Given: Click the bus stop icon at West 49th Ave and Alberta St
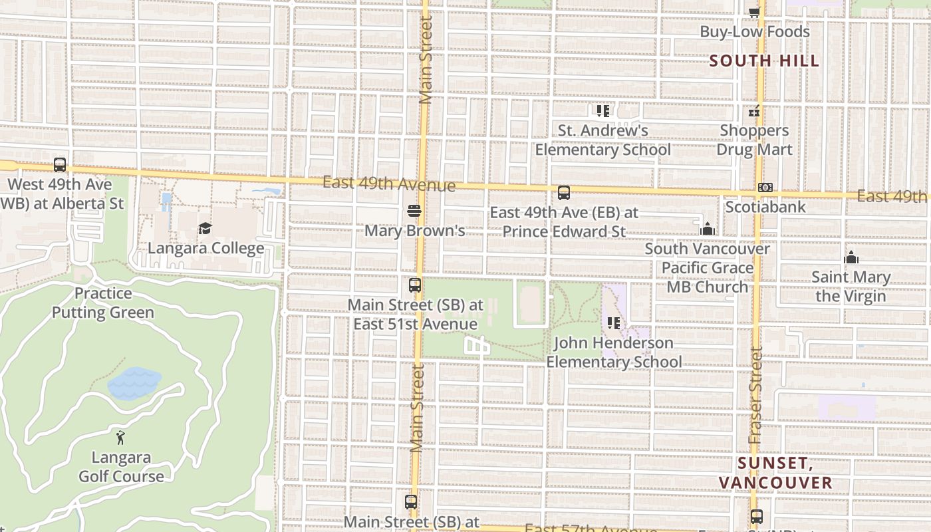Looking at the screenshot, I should [x=60, y=165].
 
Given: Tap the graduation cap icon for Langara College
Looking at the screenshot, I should [x=205, y=229].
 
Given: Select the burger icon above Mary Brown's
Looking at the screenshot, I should [x=414, y=211].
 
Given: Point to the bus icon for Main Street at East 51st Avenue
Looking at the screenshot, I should [x=415, y=285].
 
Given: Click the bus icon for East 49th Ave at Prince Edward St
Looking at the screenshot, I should [x=564, y=193].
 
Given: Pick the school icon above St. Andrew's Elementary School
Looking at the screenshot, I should [x=603, y=110].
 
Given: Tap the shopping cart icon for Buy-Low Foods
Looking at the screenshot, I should [x=754, y=12].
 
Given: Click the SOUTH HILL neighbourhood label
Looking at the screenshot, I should [x=764, y=61].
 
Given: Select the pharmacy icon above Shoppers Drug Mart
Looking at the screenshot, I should [x=754, y=111].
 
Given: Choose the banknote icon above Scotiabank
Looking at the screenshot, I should [x=765, y=188].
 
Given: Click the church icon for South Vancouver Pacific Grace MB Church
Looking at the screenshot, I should [x=707, y=229].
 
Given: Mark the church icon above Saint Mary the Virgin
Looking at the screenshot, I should [x=851, y=257].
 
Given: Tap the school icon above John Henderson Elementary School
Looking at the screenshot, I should [x=613, y=323].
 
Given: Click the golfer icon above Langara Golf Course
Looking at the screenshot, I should [x=120, y=438].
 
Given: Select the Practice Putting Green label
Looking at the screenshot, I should [x=103, y=303].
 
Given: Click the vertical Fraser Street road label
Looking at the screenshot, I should [x=755, y=396].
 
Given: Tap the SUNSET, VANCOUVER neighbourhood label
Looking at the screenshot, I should [x=775, y=473].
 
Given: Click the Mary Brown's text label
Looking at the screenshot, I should [x=414, y=231].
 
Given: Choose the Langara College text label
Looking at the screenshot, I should [x=205, y=248].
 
